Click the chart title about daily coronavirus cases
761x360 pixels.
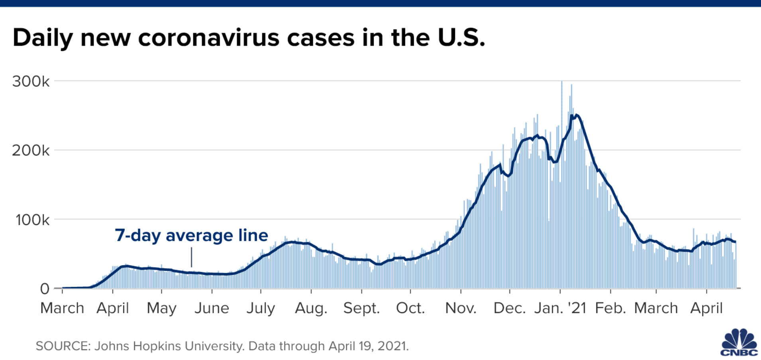click(x=249, y=38)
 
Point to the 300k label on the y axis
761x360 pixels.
click(x=31, y=81)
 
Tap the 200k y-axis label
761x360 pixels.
click(x=31, y=151)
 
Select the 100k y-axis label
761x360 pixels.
click(x=32, y=220)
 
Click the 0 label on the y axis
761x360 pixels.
click(x=45, y=289)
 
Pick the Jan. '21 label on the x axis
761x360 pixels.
click(x=560, y=308)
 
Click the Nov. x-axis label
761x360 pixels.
click(x=461, y=308)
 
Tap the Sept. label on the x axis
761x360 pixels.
click(x=361, y=308)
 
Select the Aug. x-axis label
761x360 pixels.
click(x=311, y=308)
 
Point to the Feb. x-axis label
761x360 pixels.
click(x=610, y=308)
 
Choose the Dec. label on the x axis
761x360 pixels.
click(x=509, y=308)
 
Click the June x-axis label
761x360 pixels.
click(x=212, y=308)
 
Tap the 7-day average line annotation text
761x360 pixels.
click(x=191, y=235)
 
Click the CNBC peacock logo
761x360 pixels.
click(x=739, y=342)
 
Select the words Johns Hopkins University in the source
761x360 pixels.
click(x=169, y=346)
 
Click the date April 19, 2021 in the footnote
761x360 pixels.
click(x=368, y=346)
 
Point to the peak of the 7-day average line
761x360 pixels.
click(x=576, y=115)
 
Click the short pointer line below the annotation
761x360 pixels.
click(x=191, y=257)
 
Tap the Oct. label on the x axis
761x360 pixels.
click(x=410, y=308)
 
